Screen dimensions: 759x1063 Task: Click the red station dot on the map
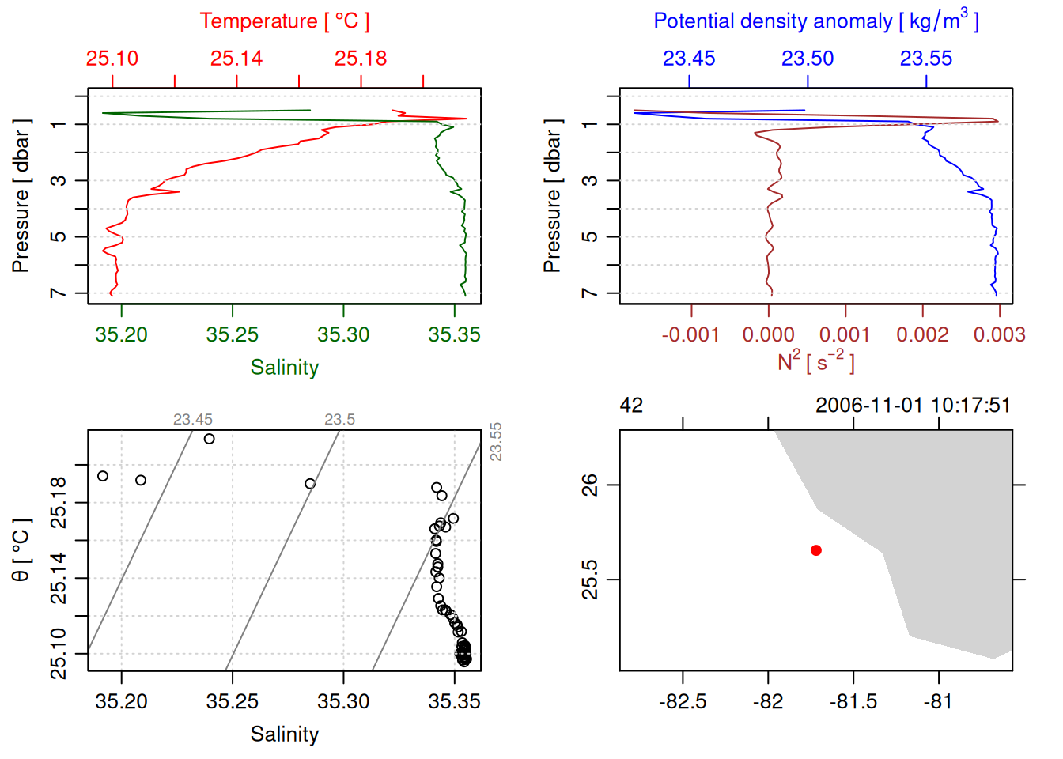(x=816, y=550)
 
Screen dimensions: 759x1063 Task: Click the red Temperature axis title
(x=284, y=21)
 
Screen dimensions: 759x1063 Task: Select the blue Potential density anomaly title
(x=815, y=21)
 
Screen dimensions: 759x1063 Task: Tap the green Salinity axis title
(x=284, y=368)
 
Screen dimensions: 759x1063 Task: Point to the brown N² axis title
(x=815, y=361)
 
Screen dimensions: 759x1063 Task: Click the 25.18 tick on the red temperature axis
(x=361, y=59)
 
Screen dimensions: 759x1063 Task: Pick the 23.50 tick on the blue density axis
(x=808, y=59)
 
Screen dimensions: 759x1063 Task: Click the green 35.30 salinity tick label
(x=343, y=335)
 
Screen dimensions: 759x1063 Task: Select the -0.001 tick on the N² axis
(x=690, y=335)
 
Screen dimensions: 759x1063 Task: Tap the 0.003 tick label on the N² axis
(x=999, y=335)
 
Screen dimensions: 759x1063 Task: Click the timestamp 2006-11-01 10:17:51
(x=913, y=406)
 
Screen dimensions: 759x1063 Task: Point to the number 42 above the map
(x=631, y=406)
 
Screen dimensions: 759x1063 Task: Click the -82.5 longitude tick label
(x=683, y=702)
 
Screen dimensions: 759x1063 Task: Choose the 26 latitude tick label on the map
(x=590, y=485)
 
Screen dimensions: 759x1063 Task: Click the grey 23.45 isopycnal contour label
(x=193, y=420)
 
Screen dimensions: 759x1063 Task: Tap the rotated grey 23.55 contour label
(x=496, y=442)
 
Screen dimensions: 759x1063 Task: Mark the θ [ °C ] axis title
(x=21, y=550)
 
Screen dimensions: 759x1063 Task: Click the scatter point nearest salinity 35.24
(x=210, y=439)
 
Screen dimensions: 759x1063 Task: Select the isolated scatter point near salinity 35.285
(x=310, y=484)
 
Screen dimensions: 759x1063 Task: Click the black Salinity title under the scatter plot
(x=284, y=734)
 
